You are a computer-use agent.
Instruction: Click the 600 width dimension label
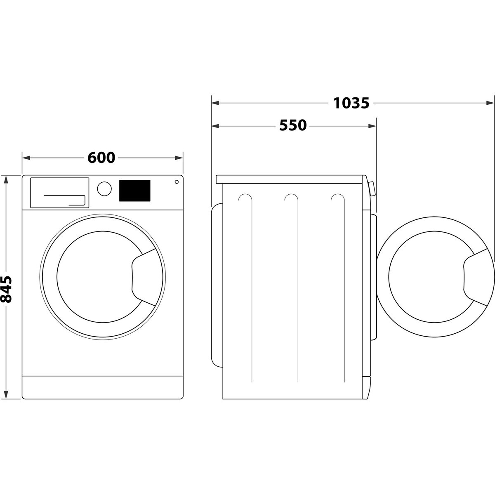tap(101, 158)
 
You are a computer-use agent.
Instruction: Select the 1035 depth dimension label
tap(351, 103)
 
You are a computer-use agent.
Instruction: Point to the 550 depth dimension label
tap(293, 125)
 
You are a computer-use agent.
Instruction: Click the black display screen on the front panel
tap(134, 191)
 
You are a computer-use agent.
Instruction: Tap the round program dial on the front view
tap(104, 189)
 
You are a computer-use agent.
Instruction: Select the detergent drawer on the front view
tap(59, 192)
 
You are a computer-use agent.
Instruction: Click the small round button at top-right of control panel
tap(177, 181)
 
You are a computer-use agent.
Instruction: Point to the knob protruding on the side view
tap(372, 188)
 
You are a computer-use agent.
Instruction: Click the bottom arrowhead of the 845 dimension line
tap(6, 395)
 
